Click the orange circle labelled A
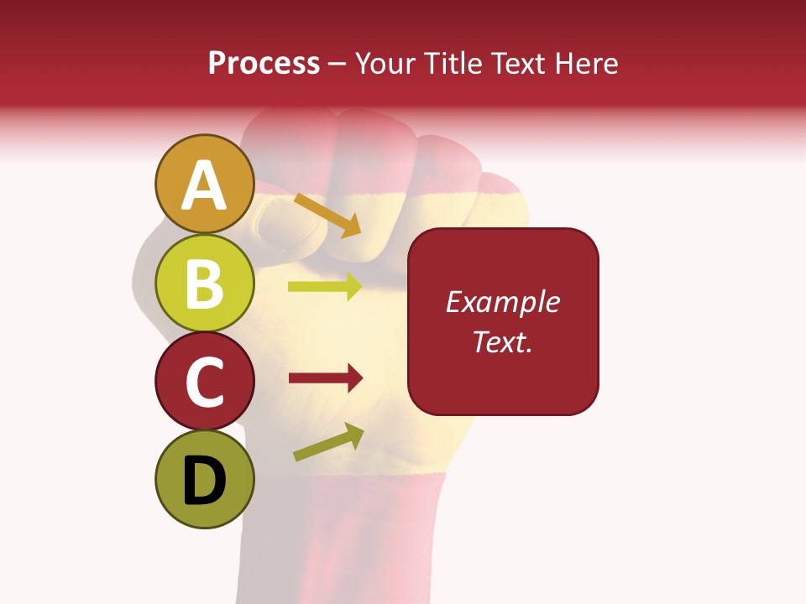(x=205, y=185)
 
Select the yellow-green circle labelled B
(x=205, y=283)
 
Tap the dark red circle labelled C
(x=205, y=381)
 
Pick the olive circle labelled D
(x=205, y=479)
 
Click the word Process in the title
(x=264, y=63)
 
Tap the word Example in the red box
(x=502, y=302)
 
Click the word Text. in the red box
(x=502, y=341)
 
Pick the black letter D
(x=205, y=481)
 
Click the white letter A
(x=205, y=185)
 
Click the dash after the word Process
(x=338, y=64)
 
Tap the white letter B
(x=205, y=284)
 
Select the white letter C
(x=205, y=382)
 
